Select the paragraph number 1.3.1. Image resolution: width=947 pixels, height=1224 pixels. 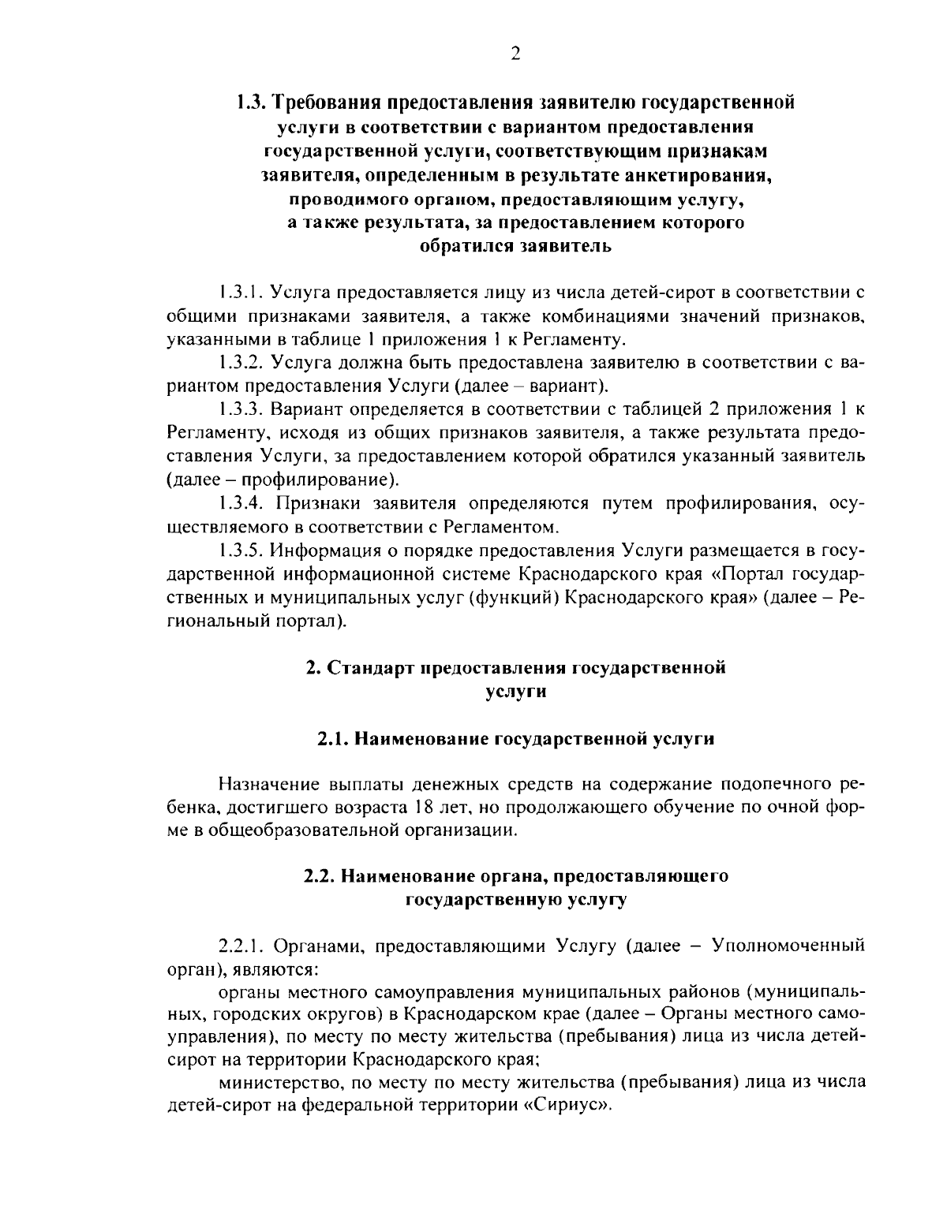tap(241, 294)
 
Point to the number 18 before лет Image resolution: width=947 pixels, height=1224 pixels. tap(423, 808)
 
